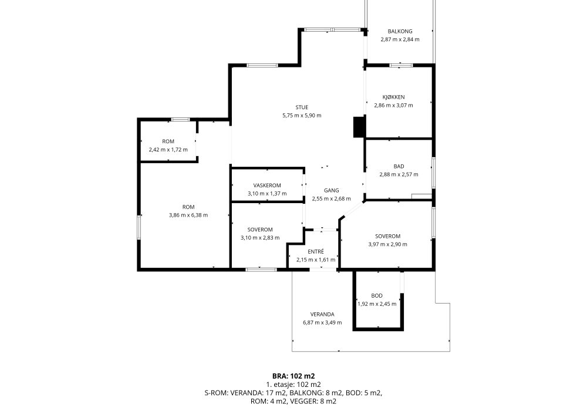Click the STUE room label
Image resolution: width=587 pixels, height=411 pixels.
[301, 107]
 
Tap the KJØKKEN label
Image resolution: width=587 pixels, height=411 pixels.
[393, 97]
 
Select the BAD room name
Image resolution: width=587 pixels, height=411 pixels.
[399, 166]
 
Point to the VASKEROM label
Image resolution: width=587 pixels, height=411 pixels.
[267, 186]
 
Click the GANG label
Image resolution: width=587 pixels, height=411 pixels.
[331, 190]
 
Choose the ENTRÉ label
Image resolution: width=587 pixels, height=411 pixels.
[316, 251]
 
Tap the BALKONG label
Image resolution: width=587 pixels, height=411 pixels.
[400, 32]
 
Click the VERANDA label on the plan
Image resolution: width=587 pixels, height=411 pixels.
[322, 315]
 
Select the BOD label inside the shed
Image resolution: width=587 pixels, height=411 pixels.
[377, 296]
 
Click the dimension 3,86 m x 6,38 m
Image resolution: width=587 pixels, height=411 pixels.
[188, 215]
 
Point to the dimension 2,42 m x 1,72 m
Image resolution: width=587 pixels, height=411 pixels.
[168, 150]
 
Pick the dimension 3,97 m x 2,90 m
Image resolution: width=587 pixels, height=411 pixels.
[387, 244]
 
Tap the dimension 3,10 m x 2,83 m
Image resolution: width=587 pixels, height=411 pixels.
[260, 238]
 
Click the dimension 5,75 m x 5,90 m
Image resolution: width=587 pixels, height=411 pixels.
[302, 116]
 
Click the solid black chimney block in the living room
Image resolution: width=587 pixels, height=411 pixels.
[359, 127]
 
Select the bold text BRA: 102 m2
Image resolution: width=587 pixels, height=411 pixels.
[293, 376]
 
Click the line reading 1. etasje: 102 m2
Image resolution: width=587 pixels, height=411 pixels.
[293, 385]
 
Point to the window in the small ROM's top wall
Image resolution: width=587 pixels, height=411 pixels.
[180, 120]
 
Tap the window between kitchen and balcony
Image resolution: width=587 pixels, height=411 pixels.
[401, 66]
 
